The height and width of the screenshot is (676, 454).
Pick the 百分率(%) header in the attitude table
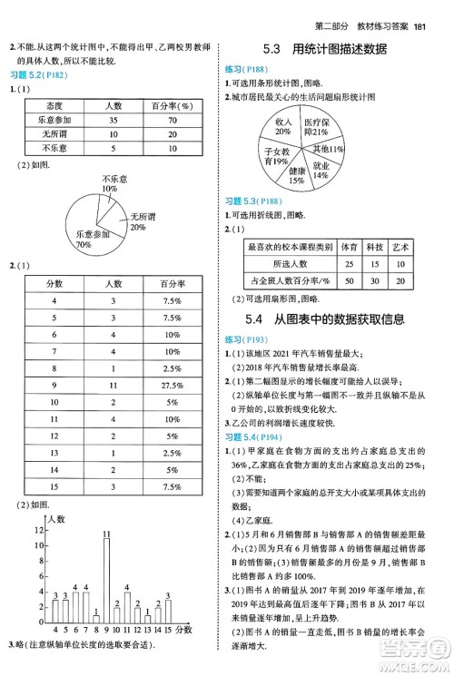coord(169,106)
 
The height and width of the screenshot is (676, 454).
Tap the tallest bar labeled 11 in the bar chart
coord(106,582)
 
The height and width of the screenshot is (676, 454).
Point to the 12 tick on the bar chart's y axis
coord(37,529)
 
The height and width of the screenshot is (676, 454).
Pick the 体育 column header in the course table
coord(349,247)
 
